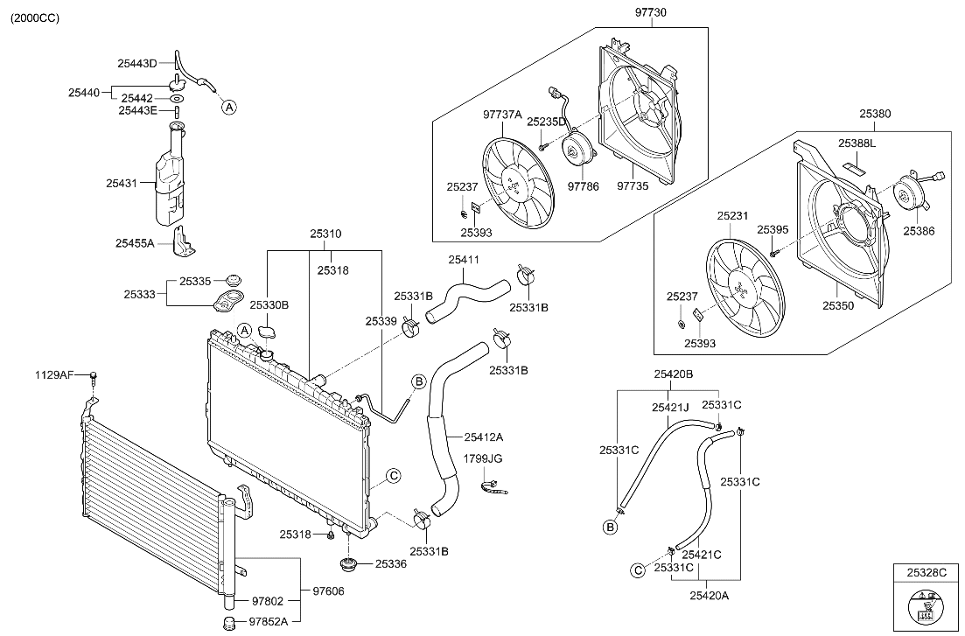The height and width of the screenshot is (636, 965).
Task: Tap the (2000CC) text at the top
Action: [35, 17]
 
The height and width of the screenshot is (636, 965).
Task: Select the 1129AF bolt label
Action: [53, 374]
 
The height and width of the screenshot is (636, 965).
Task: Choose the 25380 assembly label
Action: [875, 114]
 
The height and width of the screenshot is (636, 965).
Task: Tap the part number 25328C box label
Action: [927, 572]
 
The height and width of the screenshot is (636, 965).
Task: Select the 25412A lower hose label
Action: [484, 437]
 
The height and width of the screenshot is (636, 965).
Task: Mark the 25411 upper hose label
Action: [464, 260]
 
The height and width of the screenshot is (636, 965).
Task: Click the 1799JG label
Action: [484, 458]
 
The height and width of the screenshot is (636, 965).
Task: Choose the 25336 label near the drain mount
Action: [391, 564]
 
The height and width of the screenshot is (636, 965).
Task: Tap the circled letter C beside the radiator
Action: [394, 475]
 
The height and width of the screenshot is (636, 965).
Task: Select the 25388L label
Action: [857, 143]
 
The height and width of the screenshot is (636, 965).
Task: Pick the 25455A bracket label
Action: [135, 242]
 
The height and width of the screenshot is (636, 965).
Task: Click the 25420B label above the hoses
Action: [673, 374]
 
